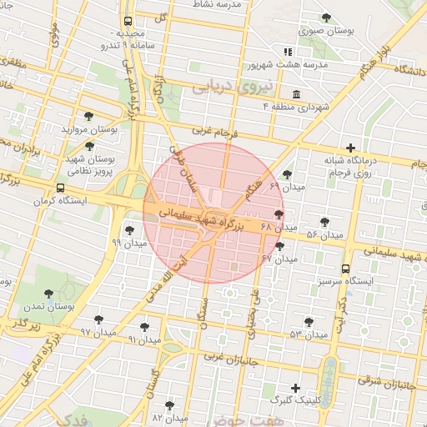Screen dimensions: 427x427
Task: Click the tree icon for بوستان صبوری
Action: pyautogui.click(x=325, y=18)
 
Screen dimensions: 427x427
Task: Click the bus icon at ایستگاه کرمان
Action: pyautogui.click(x=60, y=188)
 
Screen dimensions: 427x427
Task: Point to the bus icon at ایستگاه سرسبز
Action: pyautogui.click(x=345, y=269)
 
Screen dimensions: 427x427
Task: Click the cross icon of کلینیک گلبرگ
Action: pyautogui.click(x=295, y=387)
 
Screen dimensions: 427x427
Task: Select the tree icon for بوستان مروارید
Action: pyautogui.click(x=89, y=117)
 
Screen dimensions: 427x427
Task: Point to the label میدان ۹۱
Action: pyautogui.click(x=144, y=339)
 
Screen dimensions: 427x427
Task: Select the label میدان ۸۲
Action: pyautogui.click(x=168, y=416)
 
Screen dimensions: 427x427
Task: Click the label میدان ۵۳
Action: pyautogui.click(x=309, y=334)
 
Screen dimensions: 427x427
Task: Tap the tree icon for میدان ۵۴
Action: pyautogui.click(x=324, y=222)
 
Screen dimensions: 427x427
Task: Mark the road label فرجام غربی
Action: pyautogui.click(x=215, y=131)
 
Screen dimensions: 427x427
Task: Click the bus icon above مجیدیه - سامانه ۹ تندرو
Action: pyautogui.click(x=128, y=22)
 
